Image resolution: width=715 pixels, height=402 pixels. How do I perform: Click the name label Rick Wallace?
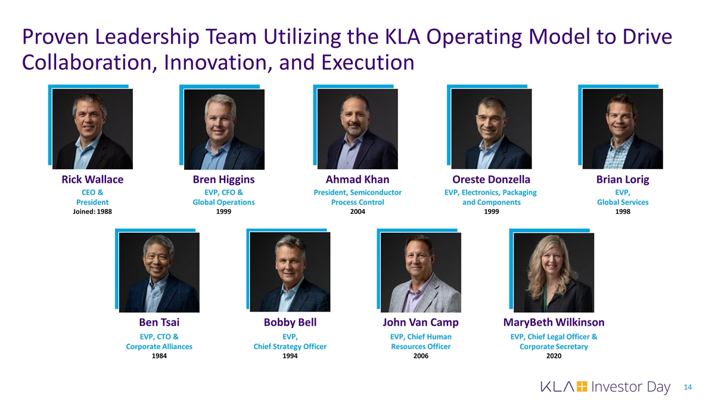point(92,180)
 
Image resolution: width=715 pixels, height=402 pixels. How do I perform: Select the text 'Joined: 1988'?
point(92,211)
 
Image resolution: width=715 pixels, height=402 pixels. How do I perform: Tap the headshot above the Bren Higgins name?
point(224,129)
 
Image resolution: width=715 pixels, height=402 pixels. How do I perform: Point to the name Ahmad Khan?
point(357,180)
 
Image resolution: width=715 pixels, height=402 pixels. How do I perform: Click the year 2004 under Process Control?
point(357,211)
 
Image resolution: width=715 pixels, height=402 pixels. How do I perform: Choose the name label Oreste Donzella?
point(491,180)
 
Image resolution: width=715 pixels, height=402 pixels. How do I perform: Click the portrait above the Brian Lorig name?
point(623,129)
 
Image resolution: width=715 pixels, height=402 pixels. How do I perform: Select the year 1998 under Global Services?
point(623,211)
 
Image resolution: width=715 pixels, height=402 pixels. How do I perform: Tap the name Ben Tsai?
point(159,322)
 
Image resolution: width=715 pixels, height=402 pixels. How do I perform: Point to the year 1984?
point(159,356)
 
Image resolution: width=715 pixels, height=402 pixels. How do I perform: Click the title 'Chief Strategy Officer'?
point(290,347)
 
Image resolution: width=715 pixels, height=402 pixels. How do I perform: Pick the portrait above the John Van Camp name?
point(421,273)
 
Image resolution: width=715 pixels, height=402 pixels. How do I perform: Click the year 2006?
point(421,356)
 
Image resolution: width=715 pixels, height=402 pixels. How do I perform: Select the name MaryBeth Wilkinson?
point(554,322)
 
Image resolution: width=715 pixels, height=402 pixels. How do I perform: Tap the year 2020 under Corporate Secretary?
point(554,356)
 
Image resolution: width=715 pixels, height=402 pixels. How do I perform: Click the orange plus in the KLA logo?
point(582,387)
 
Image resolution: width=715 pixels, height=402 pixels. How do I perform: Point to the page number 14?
point(688,387)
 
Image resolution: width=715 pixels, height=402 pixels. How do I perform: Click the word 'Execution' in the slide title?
point(368,62)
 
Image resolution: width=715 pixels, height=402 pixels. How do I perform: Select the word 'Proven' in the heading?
point(55,37)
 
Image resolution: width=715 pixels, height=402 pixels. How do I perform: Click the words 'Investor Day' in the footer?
point(631,387)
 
